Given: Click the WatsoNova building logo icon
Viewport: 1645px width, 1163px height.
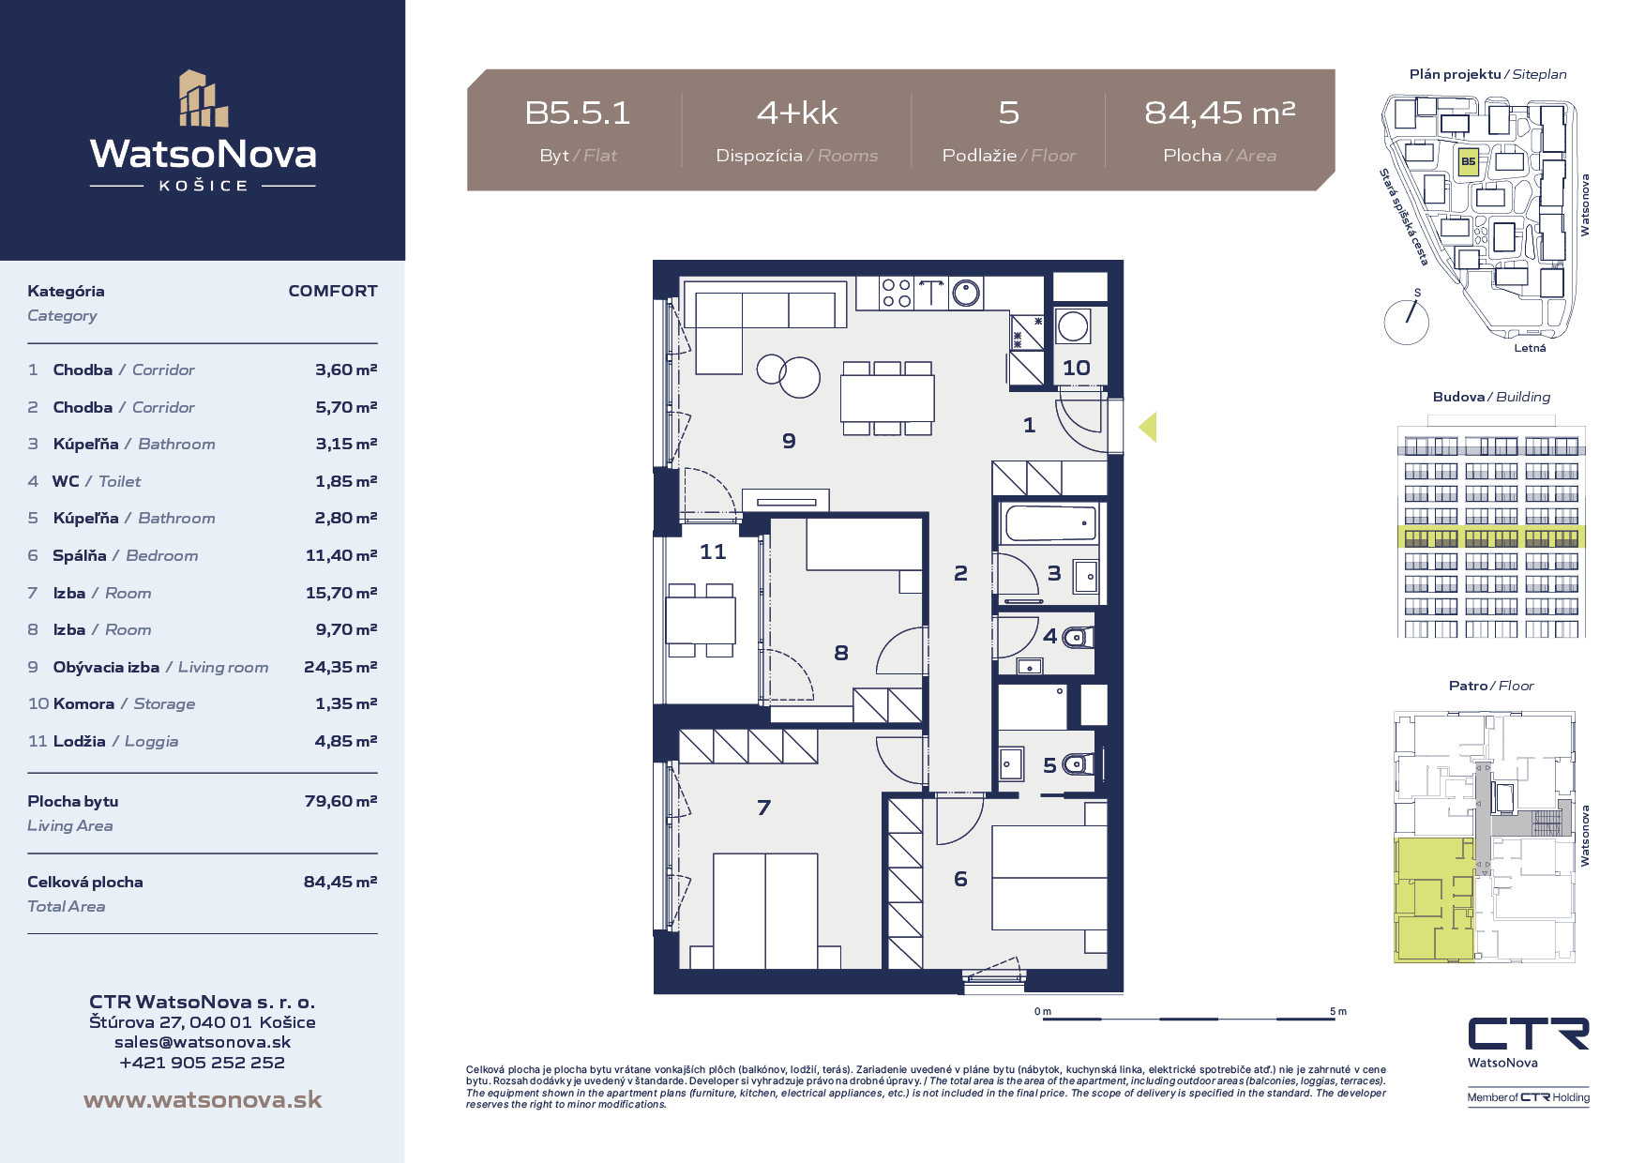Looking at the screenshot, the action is [204, 98].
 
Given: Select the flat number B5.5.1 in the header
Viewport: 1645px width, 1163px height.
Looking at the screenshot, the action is [578, 113].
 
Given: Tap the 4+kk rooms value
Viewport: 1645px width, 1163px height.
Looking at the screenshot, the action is [797, 113].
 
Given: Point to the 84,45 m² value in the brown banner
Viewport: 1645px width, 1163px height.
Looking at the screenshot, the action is [1219, 113].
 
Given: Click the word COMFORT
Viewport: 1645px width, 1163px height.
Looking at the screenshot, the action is [333, 291].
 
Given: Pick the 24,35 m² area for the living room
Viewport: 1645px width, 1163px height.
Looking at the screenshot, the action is [340, 667].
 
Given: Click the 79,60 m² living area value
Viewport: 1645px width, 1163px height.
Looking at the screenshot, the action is [340, 801].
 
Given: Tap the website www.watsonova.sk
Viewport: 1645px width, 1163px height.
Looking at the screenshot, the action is [203, 1099].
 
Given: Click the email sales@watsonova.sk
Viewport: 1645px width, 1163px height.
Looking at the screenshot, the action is [203, 1042].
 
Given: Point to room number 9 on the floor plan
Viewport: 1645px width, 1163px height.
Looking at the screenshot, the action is [789, 441].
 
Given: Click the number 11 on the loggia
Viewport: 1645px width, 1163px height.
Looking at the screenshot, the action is [713, 551].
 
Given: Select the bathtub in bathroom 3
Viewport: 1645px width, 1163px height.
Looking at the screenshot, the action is [1050, 523].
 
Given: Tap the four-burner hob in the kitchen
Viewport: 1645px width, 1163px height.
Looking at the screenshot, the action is [897, 294].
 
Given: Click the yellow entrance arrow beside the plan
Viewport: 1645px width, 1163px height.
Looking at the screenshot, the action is [1148, 427].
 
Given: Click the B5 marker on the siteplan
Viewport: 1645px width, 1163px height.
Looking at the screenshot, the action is [1468, 161].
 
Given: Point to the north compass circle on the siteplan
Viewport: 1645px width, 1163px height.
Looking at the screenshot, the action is [1407, 322].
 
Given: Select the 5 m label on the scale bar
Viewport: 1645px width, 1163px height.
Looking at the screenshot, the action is [1337, 1011].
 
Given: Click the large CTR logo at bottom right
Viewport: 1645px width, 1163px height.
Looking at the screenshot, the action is [1529, 1034].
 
